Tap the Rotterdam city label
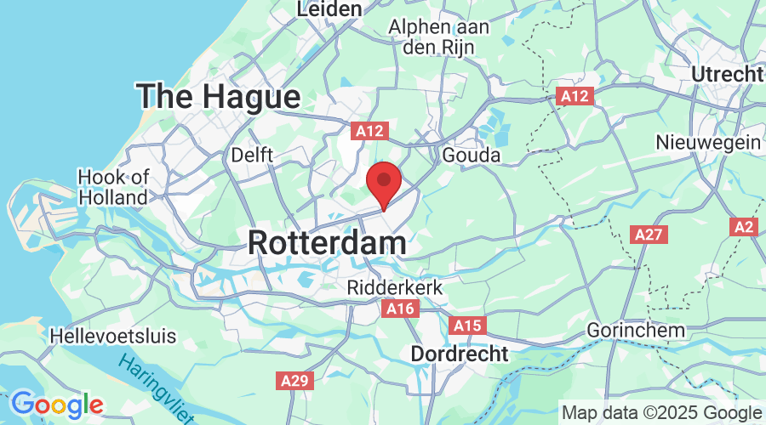327,243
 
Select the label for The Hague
220,96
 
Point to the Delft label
252,156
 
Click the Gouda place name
472,156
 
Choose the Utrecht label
728,74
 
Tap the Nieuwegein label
708,142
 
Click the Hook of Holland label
113,187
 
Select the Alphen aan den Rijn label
438,37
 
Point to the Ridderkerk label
395,288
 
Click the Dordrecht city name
460,353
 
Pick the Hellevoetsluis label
113,336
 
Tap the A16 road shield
399,308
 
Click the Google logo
56,404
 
